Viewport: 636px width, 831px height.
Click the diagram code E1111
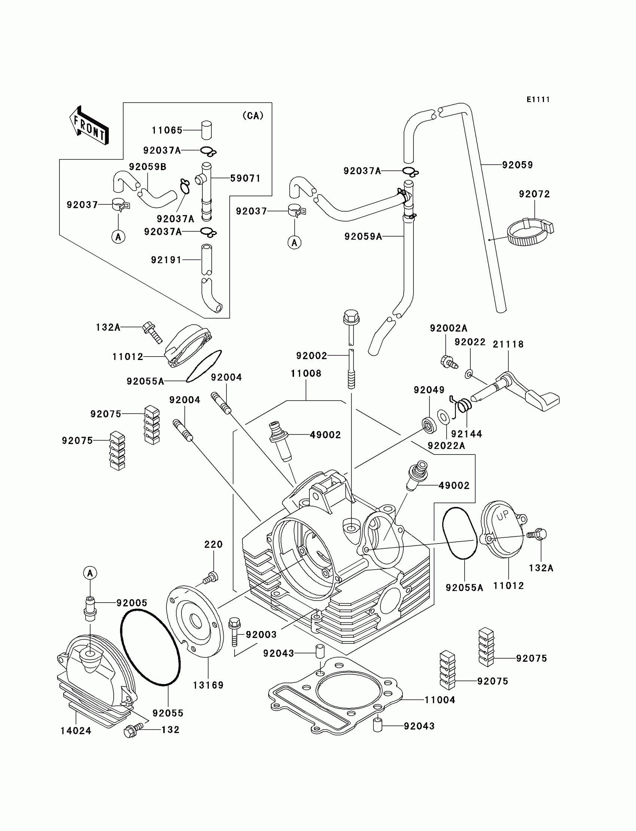click(x=538, y=99)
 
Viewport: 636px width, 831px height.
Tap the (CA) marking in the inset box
click(x=253, y=116)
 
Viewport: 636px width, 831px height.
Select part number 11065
click(x=167, y=130)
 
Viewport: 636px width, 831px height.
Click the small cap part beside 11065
click(x=206, y=130)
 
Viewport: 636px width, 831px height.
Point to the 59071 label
click(x=245, y=178)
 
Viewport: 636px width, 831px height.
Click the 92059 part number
click(x=517, y=165)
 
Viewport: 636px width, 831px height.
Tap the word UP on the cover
click(x=503, y=515)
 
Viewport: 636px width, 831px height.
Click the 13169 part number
click(x=208, y=685)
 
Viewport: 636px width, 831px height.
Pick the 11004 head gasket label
click(x=440, y=700)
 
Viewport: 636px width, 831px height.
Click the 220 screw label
click(x=213, y=544)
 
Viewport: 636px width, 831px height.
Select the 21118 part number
click(x=508, y=344)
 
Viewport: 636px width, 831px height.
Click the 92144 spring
click(x=464, y=406)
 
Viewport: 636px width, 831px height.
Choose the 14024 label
click(x=76, y=731)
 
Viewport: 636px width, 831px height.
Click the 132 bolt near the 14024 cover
click(x=133, y=730)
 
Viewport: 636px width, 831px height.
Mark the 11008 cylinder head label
click(x=306, y=373)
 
